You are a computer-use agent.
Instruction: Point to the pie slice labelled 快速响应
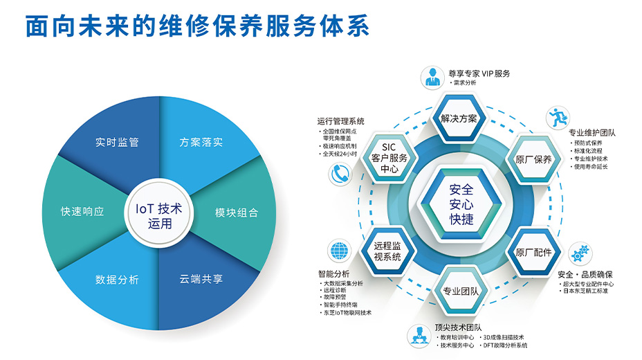pos(82,211)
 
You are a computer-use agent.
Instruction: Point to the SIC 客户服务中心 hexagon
pos(389,158)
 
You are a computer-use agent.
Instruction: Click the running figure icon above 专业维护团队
pos(556,116)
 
